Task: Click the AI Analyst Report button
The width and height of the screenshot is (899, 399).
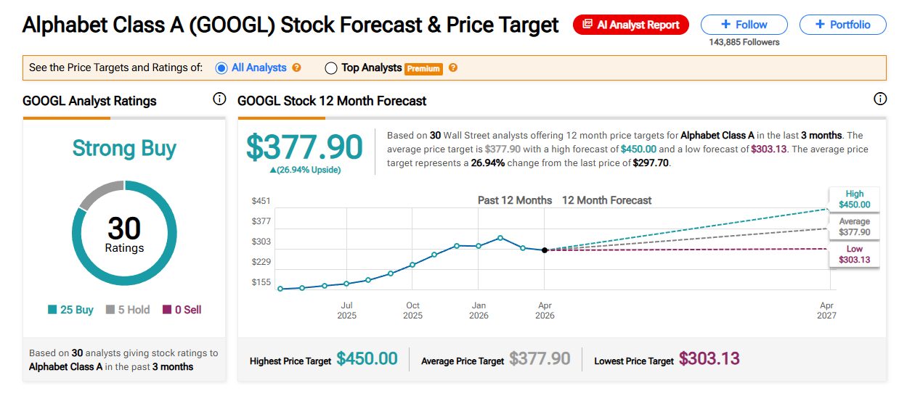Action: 630,25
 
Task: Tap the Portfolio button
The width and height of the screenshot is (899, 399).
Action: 842,25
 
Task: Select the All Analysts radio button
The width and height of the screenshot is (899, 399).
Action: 222,68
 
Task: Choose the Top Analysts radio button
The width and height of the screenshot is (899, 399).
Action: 331,68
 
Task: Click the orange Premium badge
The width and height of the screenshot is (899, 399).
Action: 423,69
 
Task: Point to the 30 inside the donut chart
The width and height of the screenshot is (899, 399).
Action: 124,229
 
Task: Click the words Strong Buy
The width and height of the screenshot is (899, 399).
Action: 124,149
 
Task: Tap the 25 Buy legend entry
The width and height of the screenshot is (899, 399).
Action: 70,310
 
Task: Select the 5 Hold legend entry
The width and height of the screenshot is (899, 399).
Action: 128,310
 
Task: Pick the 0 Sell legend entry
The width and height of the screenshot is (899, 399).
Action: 182,310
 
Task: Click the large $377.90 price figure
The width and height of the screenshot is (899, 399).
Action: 304,147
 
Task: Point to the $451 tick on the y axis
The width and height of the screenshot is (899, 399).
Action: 261,201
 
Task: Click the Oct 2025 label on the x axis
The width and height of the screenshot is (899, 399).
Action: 412,310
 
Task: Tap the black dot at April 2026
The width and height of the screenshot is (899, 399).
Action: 545,250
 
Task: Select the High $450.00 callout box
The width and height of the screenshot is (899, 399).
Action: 854,199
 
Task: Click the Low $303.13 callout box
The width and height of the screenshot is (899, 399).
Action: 854,255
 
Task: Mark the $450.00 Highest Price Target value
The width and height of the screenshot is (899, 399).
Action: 367,359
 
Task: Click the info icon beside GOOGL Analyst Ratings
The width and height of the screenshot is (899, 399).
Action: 219,99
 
